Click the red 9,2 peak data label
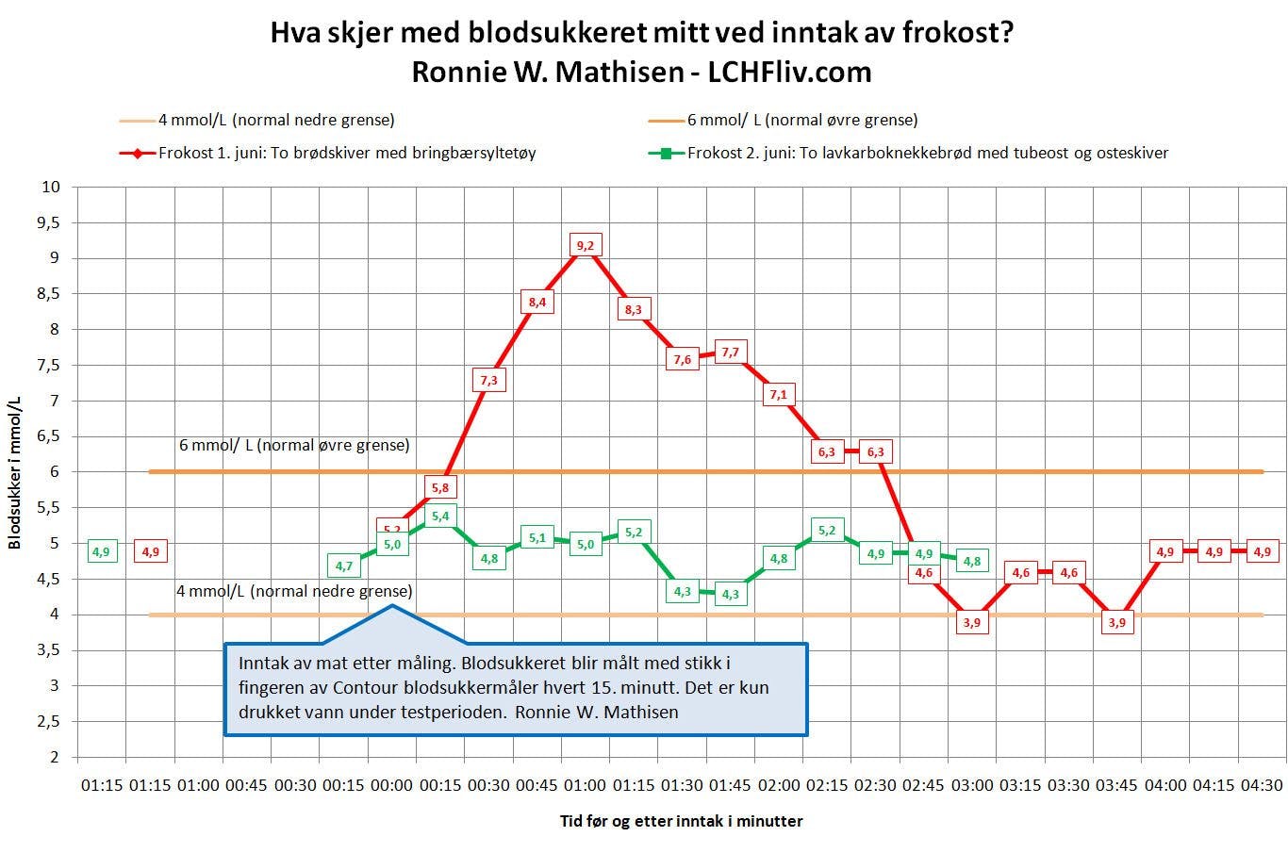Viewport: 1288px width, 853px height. pyautogui.click(x=586, y=246)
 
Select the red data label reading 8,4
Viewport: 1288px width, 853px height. pyautogui.click(x=537, y=303)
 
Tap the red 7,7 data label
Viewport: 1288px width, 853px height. pyautogui.click(x=731, y=353)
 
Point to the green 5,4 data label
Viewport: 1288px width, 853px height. pyautogui.click(x=440, y=516)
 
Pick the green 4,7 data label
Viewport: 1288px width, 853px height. pyautogui.click(x=344, y=566)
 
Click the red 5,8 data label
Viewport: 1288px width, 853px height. pyautogui.click(x=440, y=487)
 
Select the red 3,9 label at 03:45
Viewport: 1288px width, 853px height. pyautogui.click(x=1116, y=622)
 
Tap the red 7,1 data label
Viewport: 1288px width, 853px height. pyautogui.click(x=778, y=394)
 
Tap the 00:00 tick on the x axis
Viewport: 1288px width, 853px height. pyautogui.click(x=392, y=785)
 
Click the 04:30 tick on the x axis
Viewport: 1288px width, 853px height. pyautogui.click(x=1262, y=785)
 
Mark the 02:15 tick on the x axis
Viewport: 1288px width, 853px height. pyautogui.click(x=827, y=785)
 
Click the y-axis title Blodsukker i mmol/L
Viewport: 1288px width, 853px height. pyautogui.click(x=15, y=471)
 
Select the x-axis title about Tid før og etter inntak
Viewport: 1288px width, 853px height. pyautogui.click(x=681, y=821)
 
